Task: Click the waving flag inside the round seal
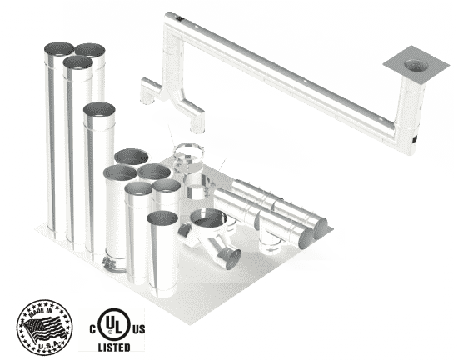coord(44,328)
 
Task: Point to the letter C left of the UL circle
coord(92,329)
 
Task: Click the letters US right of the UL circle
coord(139,329)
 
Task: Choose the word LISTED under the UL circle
coord(114,347)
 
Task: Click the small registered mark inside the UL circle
coord(110,332)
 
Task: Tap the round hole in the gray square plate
coord(416,66)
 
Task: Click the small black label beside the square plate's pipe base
coord(415,140)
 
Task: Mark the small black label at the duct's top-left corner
coord(178,19)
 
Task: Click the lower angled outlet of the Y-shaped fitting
coord(233,259)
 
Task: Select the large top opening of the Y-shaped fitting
coord(208,217)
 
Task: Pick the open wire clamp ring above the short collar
coord(188,152)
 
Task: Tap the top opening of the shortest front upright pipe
coord(162,218)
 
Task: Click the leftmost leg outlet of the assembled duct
coord(147,101)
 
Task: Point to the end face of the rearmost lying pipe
coord(321,229)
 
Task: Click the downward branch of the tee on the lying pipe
coord(271,243)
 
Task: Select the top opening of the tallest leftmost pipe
coord(59,49)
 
